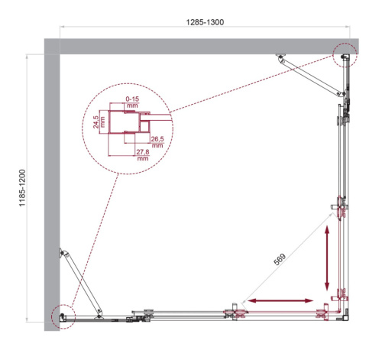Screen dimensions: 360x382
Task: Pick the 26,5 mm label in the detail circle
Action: click(158, 141)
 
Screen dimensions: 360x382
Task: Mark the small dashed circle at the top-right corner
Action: click(345, 54)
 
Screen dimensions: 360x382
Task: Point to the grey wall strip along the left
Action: click(51, 183)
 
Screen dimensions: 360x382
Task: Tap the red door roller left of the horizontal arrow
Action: click(231, 310)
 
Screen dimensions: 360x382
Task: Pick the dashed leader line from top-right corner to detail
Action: click(252, 84)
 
